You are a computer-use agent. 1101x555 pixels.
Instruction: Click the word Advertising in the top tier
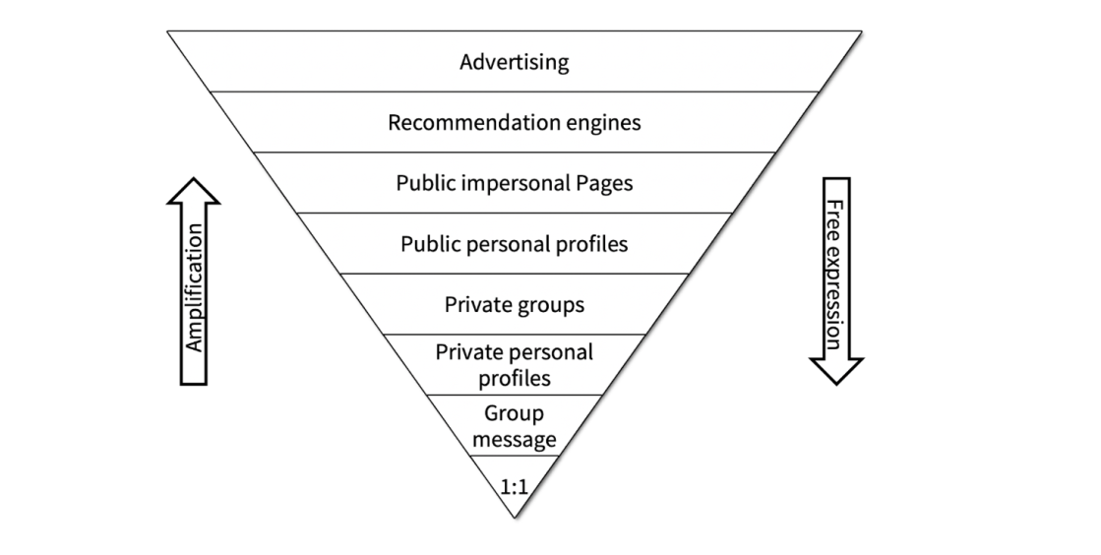point(514,63)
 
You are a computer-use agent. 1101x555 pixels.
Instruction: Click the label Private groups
point(514,304)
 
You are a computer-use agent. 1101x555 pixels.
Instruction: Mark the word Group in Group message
point(514,413)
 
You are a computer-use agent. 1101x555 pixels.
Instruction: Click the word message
point(514,439)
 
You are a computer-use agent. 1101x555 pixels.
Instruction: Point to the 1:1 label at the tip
point(514,485)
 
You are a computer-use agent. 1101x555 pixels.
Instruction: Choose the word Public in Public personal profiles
point(427,244)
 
